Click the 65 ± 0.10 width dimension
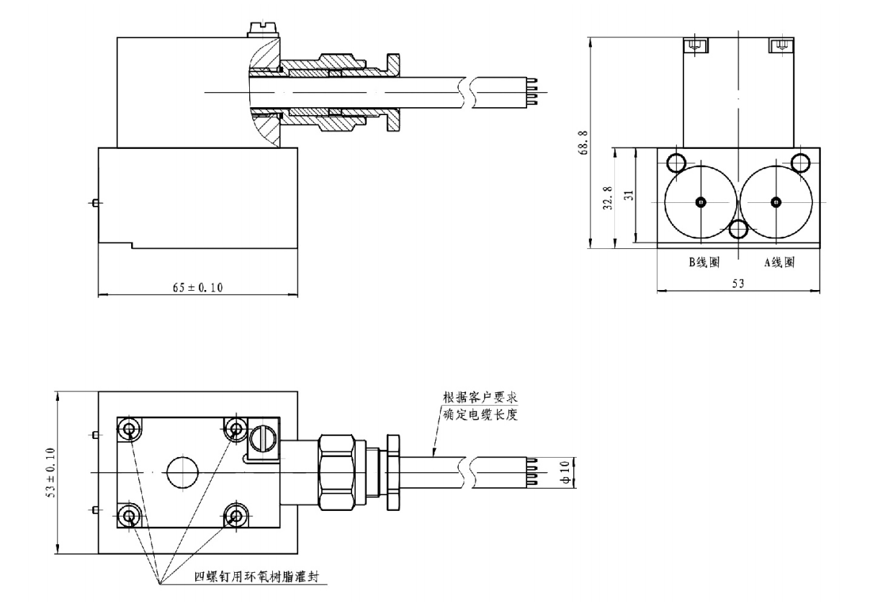click(x=197, y=287)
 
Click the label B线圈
click(x=703, y=263)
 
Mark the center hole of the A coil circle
click(x=775, y=201)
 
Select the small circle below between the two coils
click(x=738, y=229)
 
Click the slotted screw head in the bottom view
click(x=261, y=437)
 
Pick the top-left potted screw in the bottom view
click(x=129, y=430)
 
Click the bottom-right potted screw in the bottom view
click(x=235, y=515)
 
